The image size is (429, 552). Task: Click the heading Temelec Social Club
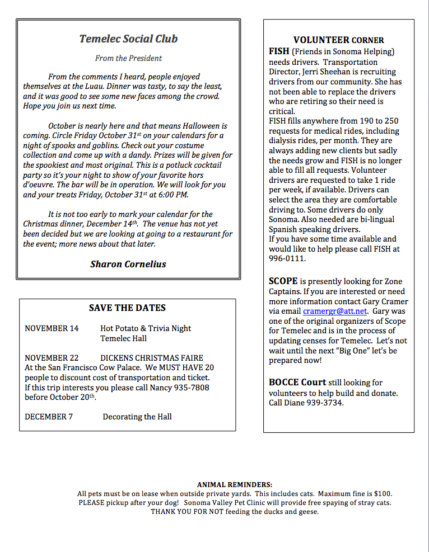point(128,39)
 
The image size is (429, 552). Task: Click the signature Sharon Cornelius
point(128,264)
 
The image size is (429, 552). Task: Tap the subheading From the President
point(128,58)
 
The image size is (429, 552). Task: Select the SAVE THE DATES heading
point(127,308)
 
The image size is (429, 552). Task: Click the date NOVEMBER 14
point(52,328)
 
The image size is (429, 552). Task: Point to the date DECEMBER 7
point(49,417)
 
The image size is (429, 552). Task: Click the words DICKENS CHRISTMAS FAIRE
point(152,358)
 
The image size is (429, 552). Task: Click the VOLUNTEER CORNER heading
point(338,40)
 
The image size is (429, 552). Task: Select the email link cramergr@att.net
point(335,311)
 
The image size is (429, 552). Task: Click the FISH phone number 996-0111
point(287,259)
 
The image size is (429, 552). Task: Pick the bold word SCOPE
point(283,281)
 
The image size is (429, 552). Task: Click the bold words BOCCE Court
point(297,383)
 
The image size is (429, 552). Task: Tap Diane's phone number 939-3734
point(324,403)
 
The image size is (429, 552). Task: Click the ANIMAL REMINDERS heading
point(235,484)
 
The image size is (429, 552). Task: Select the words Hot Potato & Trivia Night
point(146,328)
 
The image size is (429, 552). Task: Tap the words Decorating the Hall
point(137,417)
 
